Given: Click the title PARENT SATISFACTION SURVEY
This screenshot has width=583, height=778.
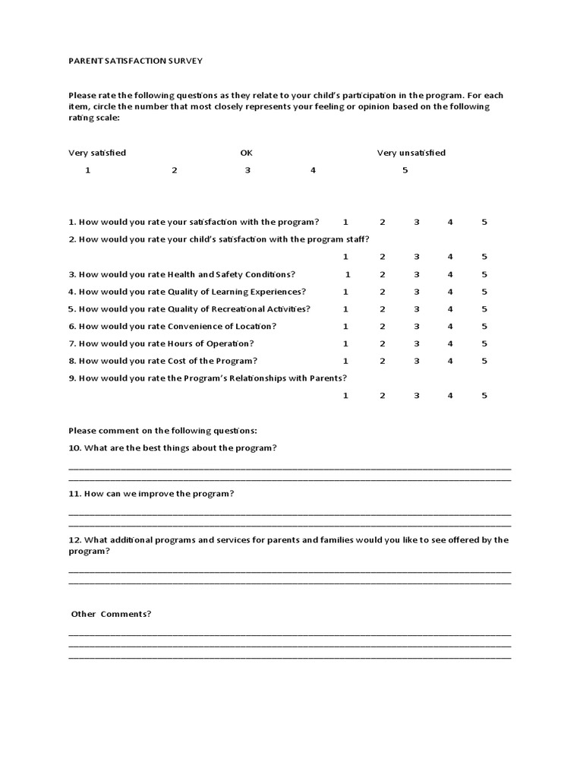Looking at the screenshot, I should [x=136, y=60].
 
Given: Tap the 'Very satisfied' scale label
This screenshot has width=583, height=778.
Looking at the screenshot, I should [x=97, y=153].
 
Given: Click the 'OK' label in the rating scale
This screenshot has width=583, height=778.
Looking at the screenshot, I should [x=246, y=153].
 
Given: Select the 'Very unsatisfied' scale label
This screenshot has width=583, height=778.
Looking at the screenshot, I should [x=411, y=153].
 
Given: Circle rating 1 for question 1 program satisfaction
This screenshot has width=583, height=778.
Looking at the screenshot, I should [x=345, y=222].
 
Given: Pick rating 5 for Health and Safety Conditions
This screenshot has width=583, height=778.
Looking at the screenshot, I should [x=484, y=274].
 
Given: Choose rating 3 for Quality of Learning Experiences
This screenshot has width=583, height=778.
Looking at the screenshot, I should [x=416, y=292].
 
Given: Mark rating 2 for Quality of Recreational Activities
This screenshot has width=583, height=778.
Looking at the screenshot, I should [x=383, y=309].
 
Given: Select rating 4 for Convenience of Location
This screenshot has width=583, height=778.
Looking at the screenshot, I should [x=450, y=326].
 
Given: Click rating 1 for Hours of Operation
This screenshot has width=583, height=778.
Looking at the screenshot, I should [x=345, y=343].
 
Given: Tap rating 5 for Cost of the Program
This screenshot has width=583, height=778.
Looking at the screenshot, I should [x=484, y=361].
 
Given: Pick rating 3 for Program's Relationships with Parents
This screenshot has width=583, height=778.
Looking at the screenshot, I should [x=416, y=395].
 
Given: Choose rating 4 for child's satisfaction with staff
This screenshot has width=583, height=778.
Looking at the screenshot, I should [x=450, y=257].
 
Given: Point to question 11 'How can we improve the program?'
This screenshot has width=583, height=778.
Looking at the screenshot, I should [x=151, y=494].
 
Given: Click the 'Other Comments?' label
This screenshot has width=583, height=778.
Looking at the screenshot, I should [x=111, y=614].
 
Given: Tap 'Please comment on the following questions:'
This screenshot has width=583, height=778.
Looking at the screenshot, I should [x=162, y=431].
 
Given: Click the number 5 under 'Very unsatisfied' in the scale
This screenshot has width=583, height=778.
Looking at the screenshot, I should [x=405, y=170].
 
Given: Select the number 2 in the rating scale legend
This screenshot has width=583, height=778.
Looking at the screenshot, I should [x=174, y=170].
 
